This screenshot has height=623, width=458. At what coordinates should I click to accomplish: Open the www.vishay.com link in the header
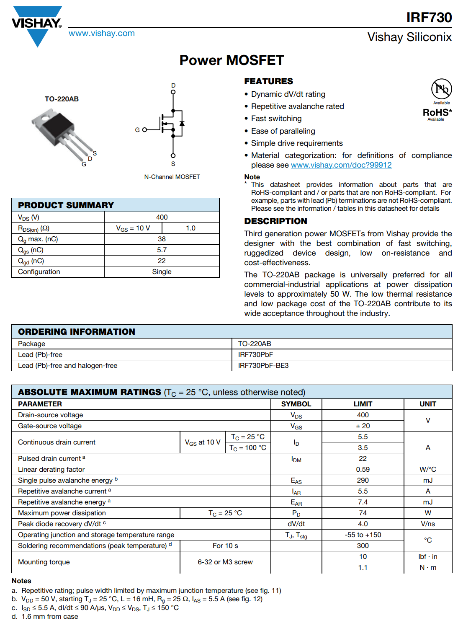point(102,34)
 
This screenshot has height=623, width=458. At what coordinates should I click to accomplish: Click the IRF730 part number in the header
point(429,18)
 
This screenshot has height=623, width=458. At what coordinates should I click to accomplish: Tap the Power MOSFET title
point(232,60)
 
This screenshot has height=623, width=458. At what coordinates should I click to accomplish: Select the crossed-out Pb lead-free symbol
point(441,89)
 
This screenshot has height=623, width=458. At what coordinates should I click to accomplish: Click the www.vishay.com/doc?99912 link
point(341,165)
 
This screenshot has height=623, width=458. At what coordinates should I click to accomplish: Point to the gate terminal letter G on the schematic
point(137,130)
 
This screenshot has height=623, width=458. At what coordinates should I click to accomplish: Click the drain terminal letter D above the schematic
point(173,85)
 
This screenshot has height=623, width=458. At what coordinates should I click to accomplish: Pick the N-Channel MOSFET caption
point(172,177)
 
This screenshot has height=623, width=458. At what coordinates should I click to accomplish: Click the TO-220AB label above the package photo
point(62,99)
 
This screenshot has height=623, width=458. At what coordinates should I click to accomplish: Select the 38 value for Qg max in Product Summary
point(162,239)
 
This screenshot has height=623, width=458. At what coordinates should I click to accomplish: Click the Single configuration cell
point(162,272)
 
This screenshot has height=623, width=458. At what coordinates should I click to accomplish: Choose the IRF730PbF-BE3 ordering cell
point(263,366)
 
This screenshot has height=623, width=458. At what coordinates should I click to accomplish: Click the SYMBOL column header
point(296,404)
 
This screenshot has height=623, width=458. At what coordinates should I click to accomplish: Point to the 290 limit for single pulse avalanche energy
point(363,481)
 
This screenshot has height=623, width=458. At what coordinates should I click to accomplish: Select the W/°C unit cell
point(427,470)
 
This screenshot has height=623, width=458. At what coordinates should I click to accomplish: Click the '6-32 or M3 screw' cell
point(225,562)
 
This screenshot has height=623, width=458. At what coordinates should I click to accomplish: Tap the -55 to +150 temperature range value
point(363,535)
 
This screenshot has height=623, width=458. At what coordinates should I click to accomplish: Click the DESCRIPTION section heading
point(275,221)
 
